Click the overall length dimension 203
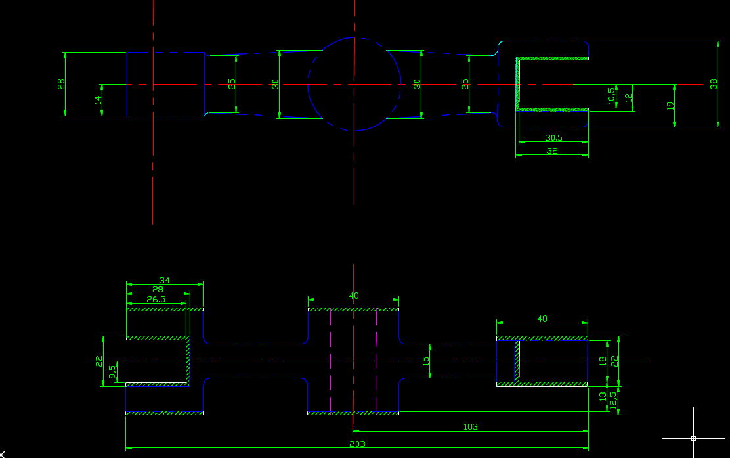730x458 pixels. [357, 444]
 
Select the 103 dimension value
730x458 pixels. [471, 426]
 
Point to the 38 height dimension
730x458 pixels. [714, 84]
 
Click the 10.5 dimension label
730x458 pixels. [612, 96]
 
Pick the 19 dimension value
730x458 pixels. [670, 104]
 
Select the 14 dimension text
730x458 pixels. [98, 101]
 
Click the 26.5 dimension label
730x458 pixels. [156, 299]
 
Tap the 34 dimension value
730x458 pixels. [164, 281]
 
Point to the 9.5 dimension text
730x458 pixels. [113, 371]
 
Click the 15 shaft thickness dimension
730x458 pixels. [426, 361]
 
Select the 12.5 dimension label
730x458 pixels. [612, 401]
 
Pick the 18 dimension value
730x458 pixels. [603, 361]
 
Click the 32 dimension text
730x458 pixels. [552, 150]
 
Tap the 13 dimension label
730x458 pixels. [603, 396]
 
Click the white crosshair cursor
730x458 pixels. [693, 438]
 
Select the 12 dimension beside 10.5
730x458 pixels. [628, 97]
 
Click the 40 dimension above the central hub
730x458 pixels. [354, 296]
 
